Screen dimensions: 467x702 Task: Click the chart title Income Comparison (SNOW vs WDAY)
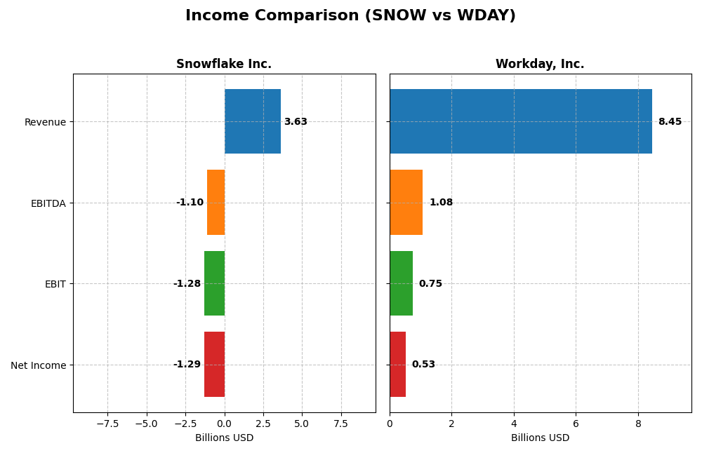350,15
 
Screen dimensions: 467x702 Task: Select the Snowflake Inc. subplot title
223,64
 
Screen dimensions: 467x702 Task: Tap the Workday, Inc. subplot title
540,64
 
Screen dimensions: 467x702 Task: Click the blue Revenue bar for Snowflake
253,121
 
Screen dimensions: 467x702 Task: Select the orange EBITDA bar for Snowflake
216,202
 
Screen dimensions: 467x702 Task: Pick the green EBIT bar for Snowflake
214,283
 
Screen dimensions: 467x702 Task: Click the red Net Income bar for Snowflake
214,364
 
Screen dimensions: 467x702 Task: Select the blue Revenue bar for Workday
520,121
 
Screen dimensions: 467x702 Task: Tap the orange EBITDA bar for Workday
406,202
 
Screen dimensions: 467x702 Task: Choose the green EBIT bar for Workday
401,283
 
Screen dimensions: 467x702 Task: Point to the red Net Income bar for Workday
397,364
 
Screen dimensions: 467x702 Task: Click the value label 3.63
296,122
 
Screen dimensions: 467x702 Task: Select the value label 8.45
670,122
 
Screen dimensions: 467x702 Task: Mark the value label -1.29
187,365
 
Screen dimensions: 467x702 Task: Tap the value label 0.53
423,365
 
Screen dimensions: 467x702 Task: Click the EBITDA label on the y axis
48,203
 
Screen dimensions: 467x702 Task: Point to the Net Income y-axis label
38,365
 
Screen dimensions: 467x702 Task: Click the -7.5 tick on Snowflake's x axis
107,424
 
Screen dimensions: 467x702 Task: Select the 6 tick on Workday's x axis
576,424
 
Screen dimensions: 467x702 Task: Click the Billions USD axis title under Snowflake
224,438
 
